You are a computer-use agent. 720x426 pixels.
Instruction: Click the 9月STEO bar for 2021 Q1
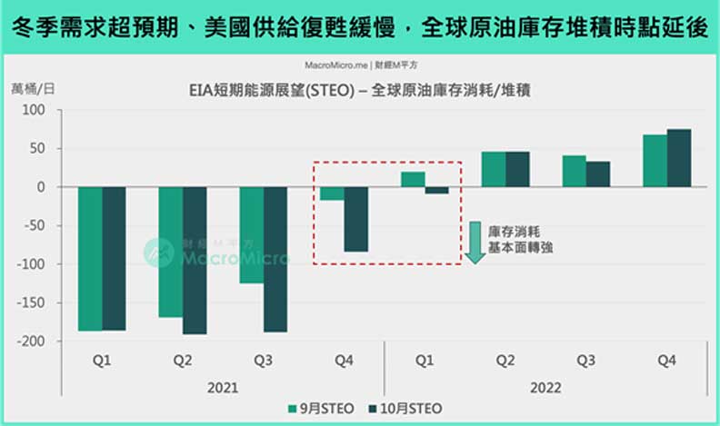(90, 259)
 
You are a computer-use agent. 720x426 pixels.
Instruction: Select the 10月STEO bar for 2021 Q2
(195, 261)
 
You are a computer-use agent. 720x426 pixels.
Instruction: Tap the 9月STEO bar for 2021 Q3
(251, 235)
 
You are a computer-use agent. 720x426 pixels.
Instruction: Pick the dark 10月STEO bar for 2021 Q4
(355, 219)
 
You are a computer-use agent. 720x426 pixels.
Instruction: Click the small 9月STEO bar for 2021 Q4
(332, 193)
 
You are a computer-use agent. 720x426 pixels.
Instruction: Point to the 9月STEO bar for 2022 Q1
(413, 179)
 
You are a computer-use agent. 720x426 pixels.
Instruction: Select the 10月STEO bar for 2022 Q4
(678, 158)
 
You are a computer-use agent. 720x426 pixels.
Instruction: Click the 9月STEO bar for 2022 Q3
(574, 171)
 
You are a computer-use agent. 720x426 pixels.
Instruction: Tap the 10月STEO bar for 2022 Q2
(517, 169)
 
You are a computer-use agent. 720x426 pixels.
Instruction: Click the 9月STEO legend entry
(316, 409)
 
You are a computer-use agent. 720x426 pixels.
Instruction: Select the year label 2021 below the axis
(223, 387)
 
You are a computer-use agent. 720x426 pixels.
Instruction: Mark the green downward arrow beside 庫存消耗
(474, 243)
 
